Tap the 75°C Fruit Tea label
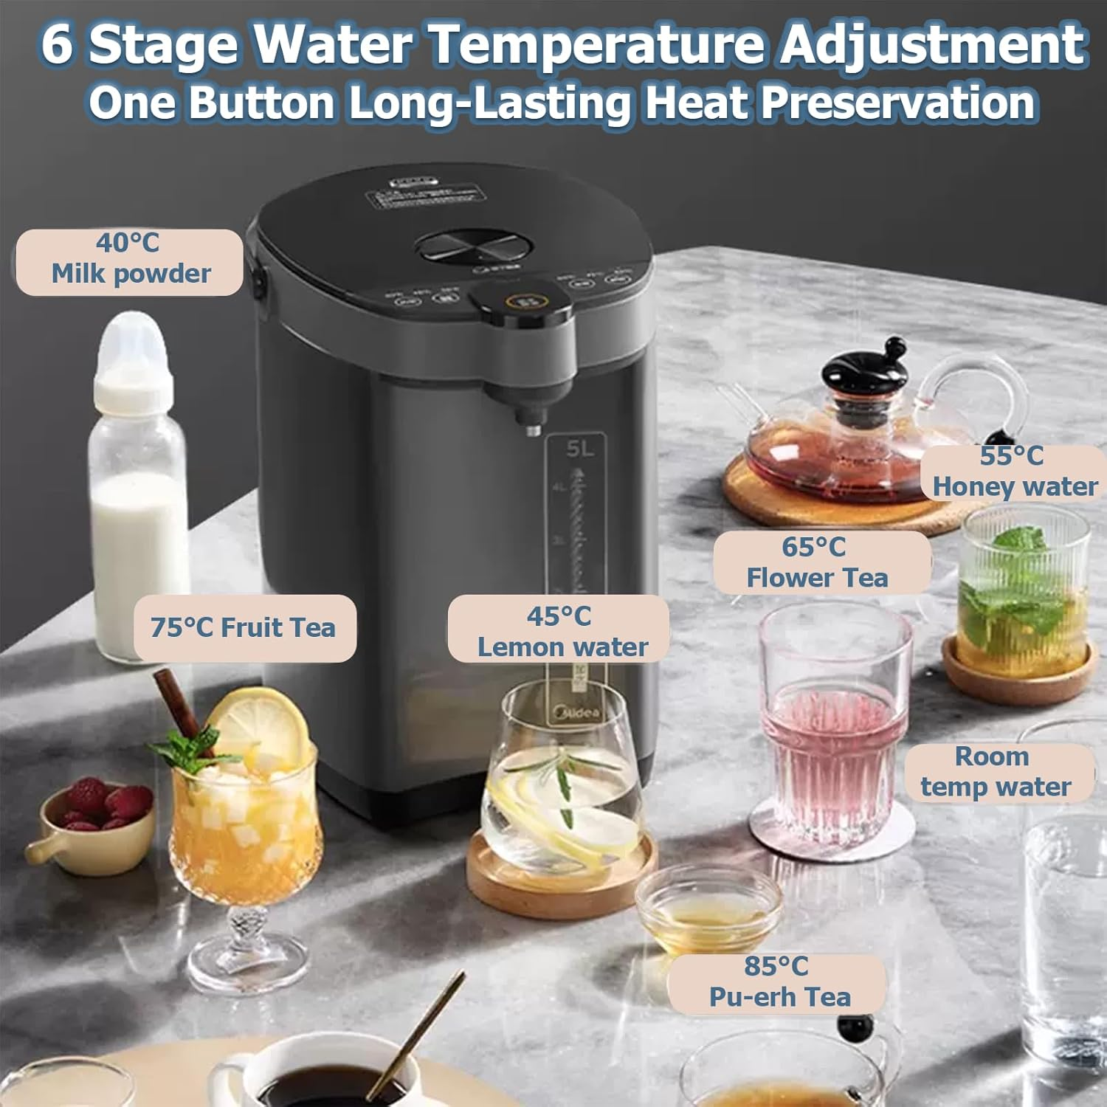pos(244,628)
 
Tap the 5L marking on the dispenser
pos(579,449)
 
